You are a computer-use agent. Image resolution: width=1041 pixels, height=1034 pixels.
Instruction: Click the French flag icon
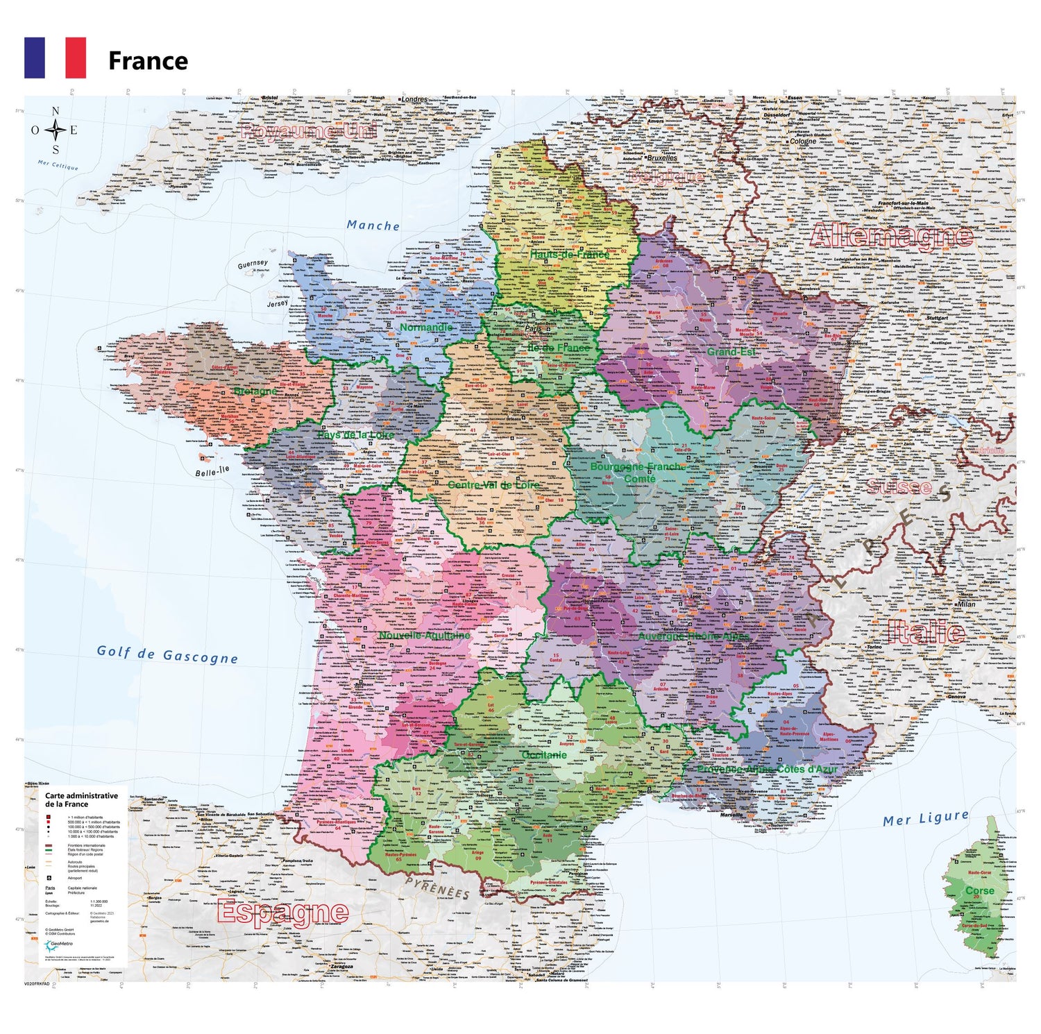55,58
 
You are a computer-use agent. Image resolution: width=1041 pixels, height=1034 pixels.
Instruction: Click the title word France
148,61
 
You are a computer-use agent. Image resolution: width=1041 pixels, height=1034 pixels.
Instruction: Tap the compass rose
55,130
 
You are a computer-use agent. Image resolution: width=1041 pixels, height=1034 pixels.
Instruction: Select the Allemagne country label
891,236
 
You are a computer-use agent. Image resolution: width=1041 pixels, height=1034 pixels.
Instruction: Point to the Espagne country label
282,912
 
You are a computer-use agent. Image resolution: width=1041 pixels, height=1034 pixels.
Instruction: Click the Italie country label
926,632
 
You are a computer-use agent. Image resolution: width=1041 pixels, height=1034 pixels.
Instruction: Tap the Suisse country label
899,486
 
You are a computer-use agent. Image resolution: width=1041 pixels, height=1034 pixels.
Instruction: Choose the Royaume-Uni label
308,131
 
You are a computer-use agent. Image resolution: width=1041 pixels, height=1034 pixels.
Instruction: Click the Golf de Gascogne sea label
167,654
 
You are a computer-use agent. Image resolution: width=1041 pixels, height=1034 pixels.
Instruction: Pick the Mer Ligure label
925,819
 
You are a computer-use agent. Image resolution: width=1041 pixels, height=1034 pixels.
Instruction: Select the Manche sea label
373,226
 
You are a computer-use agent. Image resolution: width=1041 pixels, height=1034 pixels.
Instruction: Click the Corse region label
979,890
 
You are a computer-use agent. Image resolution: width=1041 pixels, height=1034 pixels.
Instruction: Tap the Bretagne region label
255,391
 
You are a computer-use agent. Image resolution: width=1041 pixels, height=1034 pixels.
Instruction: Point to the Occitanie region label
544,754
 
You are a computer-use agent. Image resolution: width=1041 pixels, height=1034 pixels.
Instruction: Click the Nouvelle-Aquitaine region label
424,635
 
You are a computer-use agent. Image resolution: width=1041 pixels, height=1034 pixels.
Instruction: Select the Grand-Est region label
731,352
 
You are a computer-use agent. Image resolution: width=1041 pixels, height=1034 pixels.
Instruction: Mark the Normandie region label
426,327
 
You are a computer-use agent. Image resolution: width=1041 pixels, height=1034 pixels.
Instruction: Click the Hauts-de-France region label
569,254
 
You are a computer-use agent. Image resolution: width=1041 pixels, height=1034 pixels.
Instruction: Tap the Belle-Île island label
212,472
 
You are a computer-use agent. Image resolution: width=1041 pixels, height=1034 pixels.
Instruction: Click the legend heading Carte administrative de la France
81,799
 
